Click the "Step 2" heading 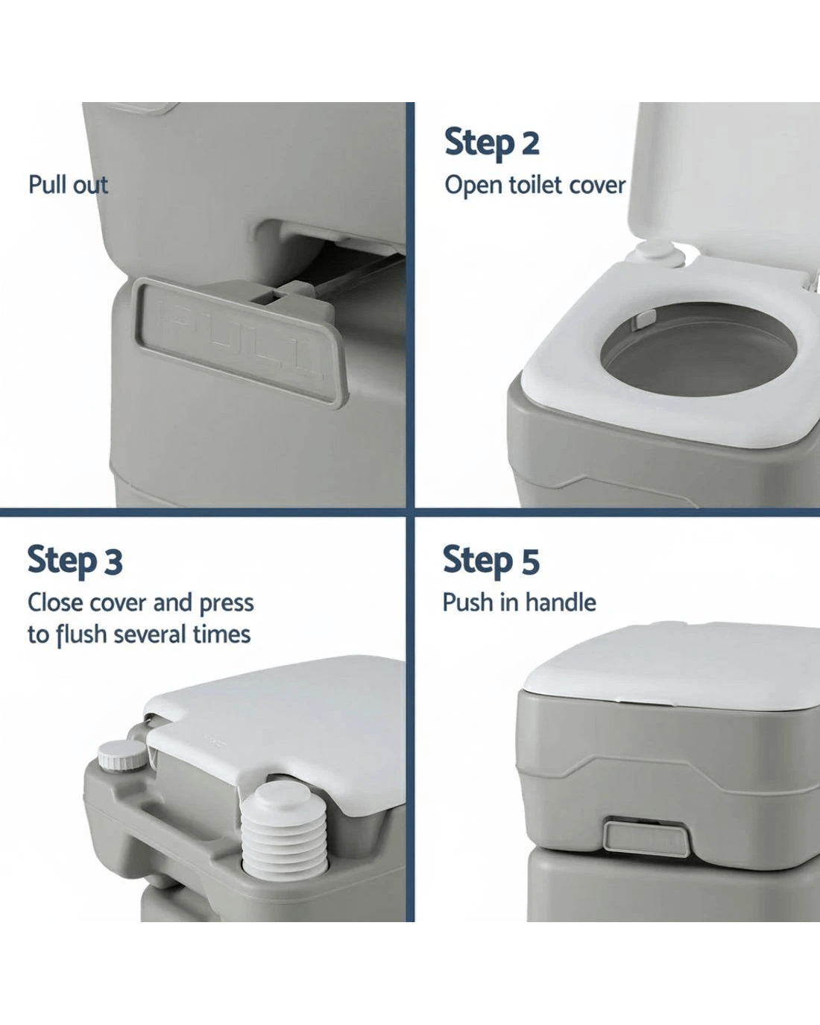point(492,142)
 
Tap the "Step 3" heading point(75,561)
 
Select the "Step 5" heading point(491,561)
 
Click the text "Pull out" point(68,185)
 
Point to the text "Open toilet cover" point(535,186)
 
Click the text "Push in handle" point(520,602)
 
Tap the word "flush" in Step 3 point(81,635)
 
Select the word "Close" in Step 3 point(55,603)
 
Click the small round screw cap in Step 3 point(123,755)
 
